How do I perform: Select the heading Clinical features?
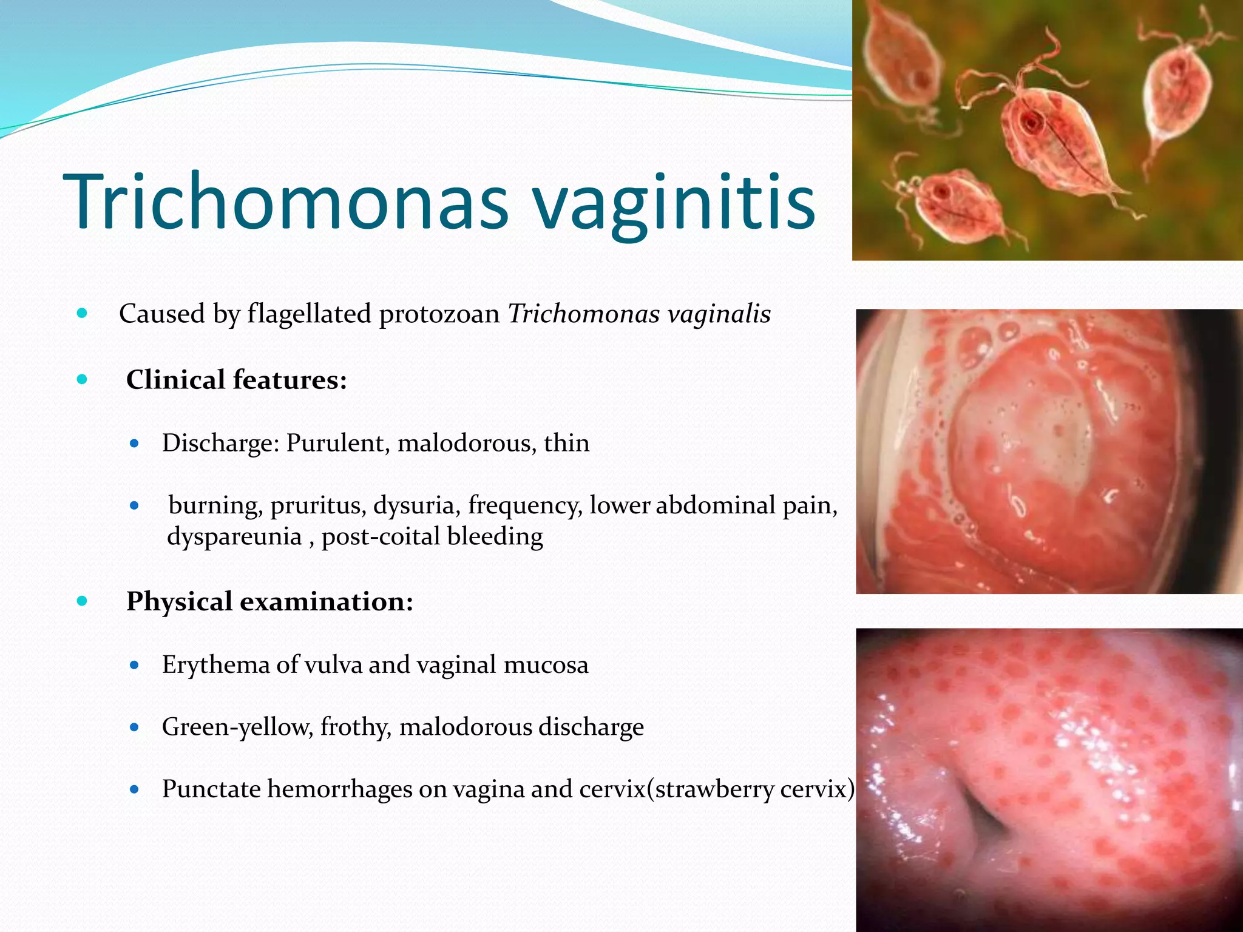pyautogui.click(x=236, y=380)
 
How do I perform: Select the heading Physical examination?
pyautogui.click(x=269, y=601)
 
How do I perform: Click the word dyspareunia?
pyautogui.click(x=234, y=536)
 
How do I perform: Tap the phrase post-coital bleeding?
pyautogui.click(x=432, y=536)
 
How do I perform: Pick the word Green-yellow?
pyautogui.click(x=236, y=727)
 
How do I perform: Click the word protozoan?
pyautogui.click(x=439, y=314)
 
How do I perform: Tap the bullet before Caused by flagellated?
pyautogui.click(x=83, y=314)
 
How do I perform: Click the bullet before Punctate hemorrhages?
pyautogui.click(x=135, y=789)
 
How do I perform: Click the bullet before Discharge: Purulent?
pyautogui.click(x=135, y=444)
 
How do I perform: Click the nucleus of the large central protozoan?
pyautogui.click(x=1031, y=124)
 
